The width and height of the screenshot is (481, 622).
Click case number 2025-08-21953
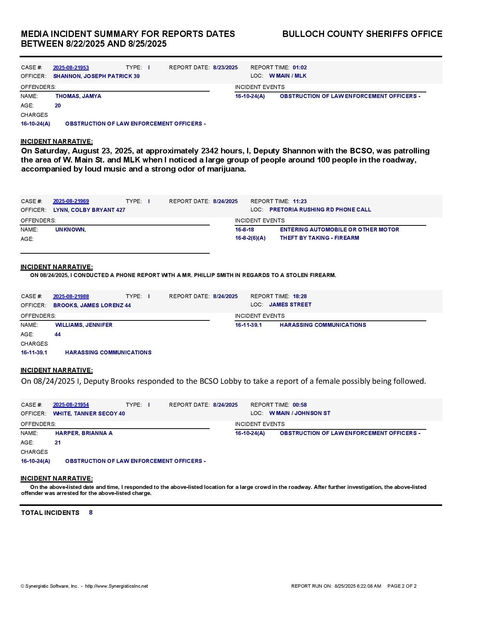coord(71,67)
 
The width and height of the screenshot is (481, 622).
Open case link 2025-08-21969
coord(71,201)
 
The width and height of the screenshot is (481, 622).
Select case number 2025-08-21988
coord(71,296)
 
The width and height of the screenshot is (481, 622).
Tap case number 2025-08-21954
coord(71,405)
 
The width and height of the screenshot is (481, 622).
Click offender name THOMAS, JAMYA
coord(78,96)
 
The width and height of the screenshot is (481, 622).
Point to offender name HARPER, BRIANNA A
coord(84,433)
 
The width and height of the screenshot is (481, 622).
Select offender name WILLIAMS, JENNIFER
coord(84,325)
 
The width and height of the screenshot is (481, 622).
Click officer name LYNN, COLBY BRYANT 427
coord(89,210)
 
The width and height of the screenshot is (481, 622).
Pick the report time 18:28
coord(300,296)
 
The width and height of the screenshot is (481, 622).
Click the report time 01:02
coord(300,67)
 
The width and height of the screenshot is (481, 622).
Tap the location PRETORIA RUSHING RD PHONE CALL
coord(320,210)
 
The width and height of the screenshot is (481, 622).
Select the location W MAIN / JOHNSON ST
coord(300,413)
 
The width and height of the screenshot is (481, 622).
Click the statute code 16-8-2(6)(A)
coord(250,238)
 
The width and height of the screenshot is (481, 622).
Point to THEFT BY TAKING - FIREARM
coord(319,238)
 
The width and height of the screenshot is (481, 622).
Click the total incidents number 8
coord(91,513)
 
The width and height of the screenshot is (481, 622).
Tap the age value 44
coord(58,334)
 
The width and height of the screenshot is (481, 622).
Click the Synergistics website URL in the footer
coord(116,586)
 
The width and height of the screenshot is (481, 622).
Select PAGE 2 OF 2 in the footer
coord(402,586)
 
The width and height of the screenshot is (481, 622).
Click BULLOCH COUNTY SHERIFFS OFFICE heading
coord(362,34)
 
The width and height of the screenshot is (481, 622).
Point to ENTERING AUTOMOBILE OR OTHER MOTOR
coord(339,230)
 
